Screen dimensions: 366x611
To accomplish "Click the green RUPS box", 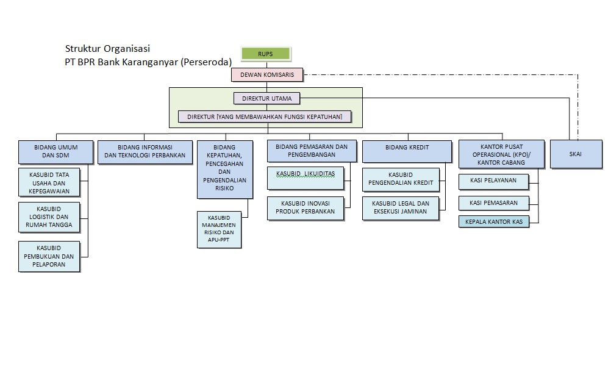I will point(265,54).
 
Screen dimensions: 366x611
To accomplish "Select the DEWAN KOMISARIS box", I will point(267,75).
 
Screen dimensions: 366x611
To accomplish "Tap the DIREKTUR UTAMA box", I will point(266,98).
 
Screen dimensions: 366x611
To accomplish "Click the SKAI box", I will point(575,154).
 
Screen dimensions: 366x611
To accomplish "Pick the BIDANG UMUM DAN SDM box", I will point(56,151).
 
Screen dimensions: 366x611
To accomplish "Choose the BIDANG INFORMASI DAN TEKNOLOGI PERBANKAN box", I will point(145,151).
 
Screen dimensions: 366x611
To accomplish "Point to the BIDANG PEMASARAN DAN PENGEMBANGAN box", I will point(312,151).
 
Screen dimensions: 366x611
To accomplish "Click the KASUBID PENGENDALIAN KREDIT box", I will point(401,179).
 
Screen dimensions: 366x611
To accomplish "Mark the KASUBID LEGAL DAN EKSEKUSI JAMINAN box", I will point(401,207).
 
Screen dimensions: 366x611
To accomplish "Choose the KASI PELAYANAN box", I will point(493,181).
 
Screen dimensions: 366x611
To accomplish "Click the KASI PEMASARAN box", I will point(493,203).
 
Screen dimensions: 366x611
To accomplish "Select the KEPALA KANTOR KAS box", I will point(493,221).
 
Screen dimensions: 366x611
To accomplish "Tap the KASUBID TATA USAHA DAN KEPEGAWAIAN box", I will point(49,183).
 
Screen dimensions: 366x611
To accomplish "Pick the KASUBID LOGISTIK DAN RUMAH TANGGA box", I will point(49,218).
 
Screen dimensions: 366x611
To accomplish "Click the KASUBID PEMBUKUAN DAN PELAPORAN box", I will point(49,257).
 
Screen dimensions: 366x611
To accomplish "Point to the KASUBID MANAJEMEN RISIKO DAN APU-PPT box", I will point(220,229).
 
